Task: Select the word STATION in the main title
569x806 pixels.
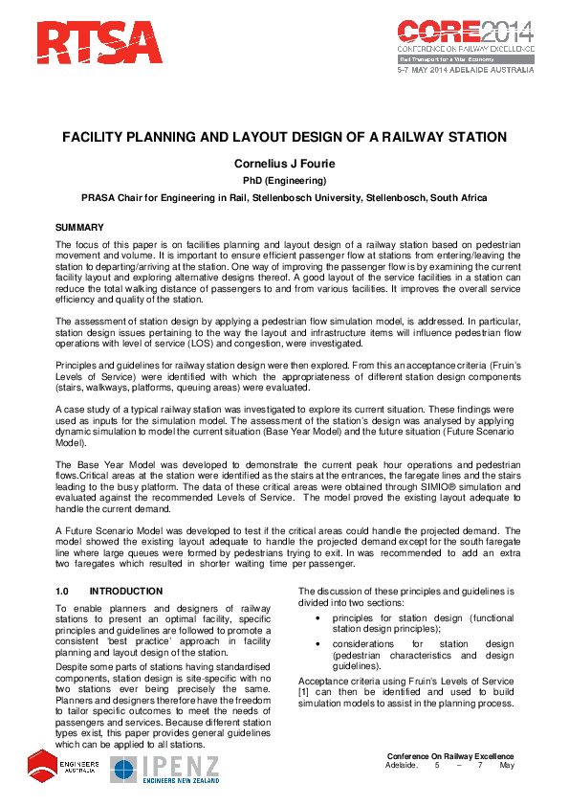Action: point(471,138)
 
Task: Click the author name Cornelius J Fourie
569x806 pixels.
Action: point(284,163)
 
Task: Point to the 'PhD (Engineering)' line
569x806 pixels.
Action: point(284,181)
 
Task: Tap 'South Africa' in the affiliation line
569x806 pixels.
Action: point(455,198)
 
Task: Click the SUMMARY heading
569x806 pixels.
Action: point(79,229)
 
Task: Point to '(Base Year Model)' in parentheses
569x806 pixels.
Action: point(342,436)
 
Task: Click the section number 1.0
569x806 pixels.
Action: point(64,593)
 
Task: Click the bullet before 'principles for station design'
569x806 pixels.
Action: point(317,617)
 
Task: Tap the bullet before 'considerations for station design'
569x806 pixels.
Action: point(317,644)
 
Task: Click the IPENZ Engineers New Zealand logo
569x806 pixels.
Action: point(165,769)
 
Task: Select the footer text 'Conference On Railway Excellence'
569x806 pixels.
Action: point(450,757)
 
